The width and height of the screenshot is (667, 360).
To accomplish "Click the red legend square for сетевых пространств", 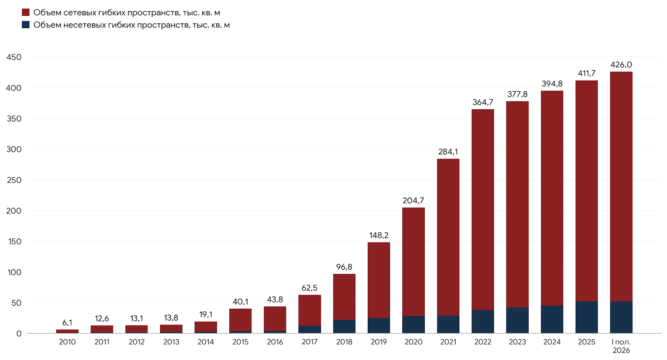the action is click(25, 12).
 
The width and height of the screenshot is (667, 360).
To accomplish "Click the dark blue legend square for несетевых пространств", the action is click(25, 25).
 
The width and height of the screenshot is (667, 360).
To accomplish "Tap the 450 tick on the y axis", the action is click(14, 57).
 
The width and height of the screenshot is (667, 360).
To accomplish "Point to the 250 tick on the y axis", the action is click(14, 180).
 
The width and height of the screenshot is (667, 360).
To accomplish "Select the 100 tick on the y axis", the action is click(14, 272).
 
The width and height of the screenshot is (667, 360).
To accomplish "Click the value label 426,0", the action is click(621, 65).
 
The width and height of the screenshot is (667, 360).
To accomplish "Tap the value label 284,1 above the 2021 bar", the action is click(448, 152).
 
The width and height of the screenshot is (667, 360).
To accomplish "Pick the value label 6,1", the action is click(67, 322).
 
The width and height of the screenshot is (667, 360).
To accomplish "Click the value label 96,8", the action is click(344, 267).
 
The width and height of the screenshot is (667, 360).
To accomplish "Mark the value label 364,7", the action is click(483, 103).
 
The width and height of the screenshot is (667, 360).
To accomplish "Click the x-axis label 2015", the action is click(240, 342).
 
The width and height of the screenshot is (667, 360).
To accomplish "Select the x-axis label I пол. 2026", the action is click(621, 346).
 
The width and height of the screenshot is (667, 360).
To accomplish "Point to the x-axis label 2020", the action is click(413, 342).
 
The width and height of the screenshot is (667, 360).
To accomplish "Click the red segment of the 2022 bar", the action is click(483, 210).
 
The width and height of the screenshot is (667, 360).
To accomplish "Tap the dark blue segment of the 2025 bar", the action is click(587, 317).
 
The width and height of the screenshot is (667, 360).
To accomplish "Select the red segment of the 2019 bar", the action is click(379, 280).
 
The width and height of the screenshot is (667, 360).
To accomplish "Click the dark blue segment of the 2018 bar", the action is click(344, 327).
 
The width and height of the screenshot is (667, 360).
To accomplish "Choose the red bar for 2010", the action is click(67, 331).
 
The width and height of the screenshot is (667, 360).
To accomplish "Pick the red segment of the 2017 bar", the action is click(310, 310).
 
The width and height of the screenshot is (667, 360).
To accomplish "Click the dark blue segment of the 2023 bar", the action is click(517, 320).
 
